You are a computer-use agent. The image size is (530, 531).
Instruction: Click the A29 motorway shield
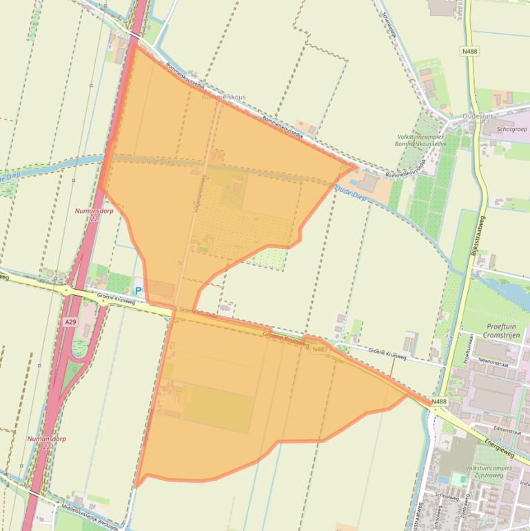tap(70, 322)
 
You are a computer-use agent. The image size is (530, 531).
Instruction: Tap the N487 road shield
tap(319, 350)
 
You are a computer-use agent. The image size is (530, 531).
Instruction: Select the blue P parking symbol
tap(138, 291)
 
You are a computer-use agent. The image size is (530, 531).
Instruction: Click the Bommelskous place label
tap(223, 98)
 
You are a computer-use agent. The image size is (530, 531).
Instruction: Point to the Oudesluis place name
tap(480, 117)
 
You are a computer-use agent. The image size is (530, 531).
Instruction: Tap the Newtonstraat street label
tap(493, 361)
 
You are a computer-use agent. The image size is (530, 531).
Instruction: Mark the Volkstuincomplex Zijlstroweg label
tap(488, 472)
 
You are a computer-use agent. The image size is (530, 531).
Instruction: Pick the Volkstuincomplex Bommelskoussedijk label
tap(420, 141)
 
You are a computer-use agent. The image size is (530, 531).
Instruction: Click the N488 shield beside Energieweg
tap(439, 401)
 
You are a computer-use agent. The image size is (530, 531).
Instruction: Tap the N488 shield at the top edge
tap(469, 51)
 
